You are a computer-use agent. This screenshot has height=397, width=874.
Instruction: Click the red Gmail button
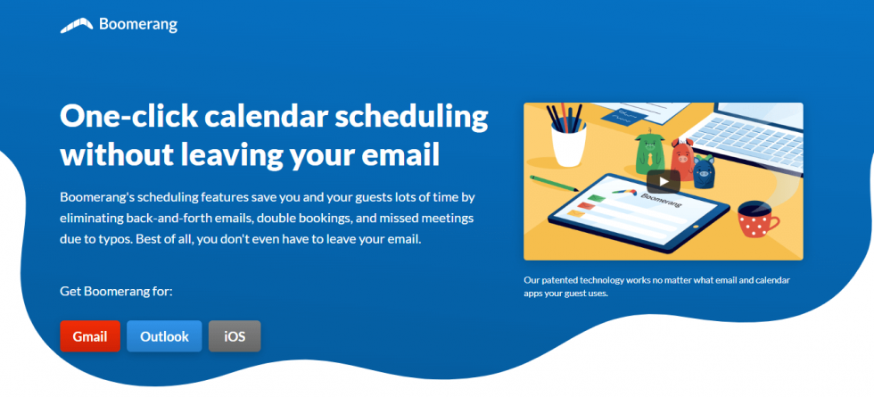click(x=90, y=336)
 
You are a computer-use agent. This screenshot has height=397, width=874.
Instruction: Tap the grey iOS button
click(x=235, y=336)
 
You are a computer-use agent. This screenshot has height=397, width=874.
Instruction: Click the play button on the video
click(x=663, y=181)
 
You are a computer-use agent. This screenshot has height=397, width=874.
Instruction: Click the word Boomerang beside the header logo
click(x=138, y=25)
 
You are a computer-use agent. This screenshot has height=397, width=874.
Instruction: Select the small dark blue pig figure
click(x=703, y=172)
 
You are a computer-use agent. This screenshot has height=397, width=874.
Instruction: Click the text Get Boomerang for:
click(x=116, y=291)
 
